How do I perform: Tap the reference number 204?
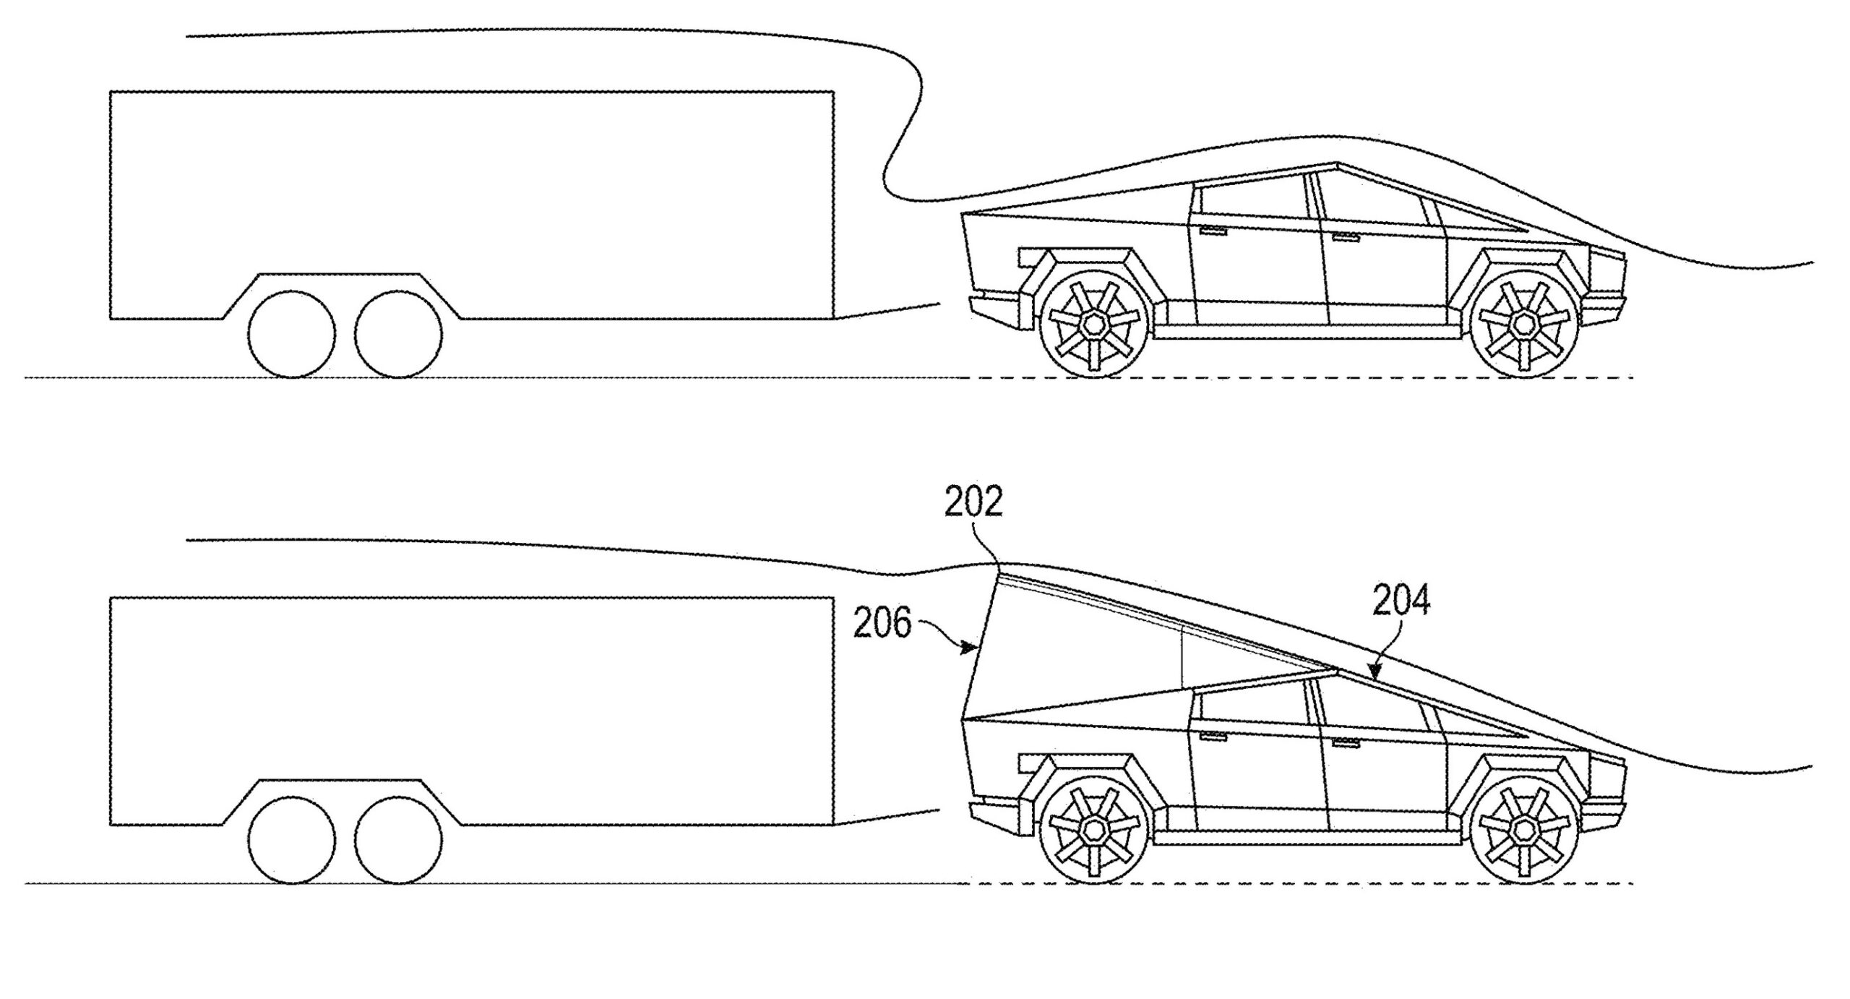click(x=1401, y=600)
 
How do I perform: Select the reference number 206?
click(x=882, y=624)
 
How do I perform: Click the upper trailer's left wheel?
click(x=291, y=334)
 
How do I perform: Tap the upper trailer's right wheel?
click(x=399, y=334)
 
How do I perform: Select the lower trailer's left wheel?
click(x=291, y=840)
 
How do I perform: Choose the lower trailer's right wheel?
click(x=399, y=840)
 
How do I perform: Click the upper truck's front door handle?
click(x=1346, y=237)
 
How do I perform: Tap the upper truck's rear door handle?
click(x=1214, y=231)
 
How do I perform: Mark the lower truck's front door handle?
click(x=1346, y=743)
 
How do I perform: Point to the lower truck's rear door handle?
click(x=1214, y=737)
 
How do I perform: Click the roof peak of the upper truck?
click(x=1336, y=163)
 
